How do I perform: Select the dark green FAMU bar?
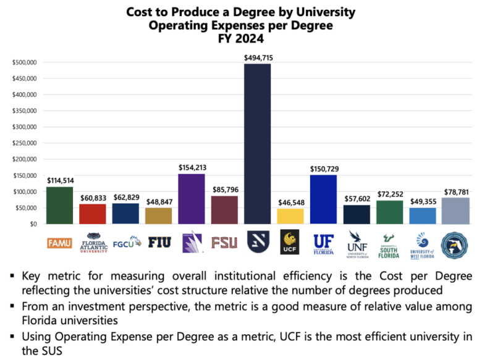pyautogui.click(x=59, y=205)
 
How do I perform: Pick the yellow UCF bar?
pyautogui.click(x=290, y=216)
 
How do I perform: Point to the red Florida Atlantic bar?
pyautogui.click(x=93, y=214)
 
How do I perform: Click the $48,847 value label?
pyautogui.click(x=159, y=201)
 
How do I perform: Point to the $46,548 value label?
pyautogui.click(x=290, y=202)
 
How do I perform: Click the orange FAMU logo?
pyautogui.click(x=59, y=243)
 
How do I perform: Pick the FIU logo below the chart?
pyautogui.click(x=159, y=242)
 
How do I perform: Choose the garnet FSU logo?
pyautogui.click(x=224, y=242)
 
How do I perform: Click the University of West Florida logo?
pyautogui.click(x=422, y=244)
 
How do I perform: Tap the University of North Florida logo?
pyautogui.click(x=357, y=244)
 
